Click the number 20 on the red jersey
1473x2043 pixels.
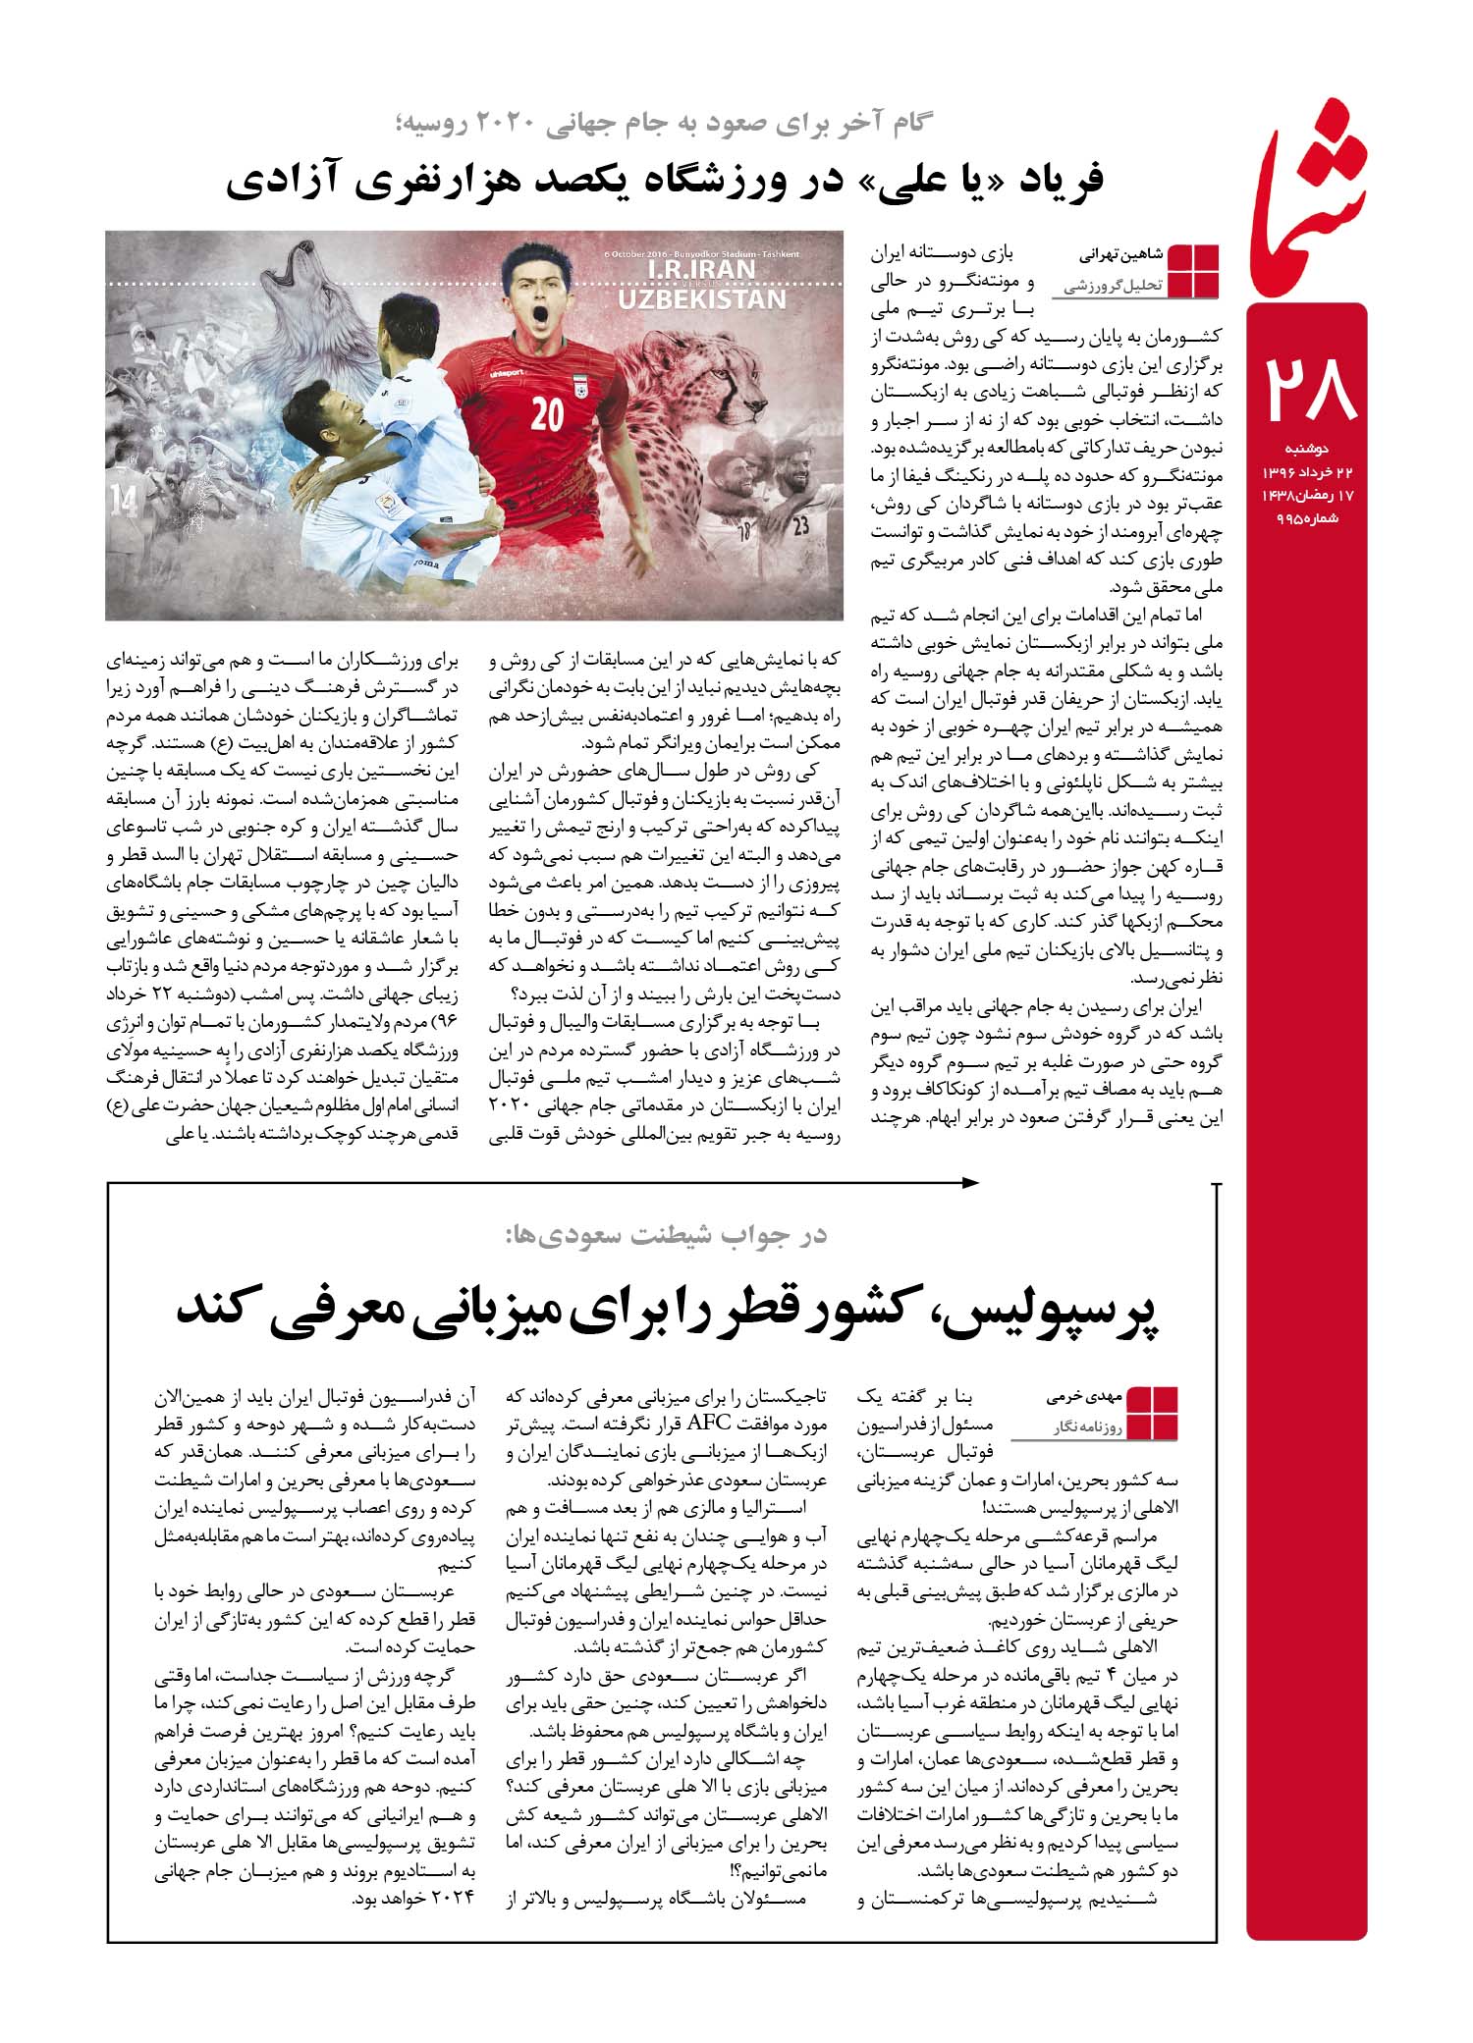point(547,415)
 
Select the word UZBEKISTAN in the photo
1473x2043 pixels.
point(702,298)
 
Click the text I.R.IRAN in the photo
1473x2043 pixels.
point(703,268)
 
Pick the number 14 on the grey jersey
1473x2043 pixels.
point(125,499)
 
